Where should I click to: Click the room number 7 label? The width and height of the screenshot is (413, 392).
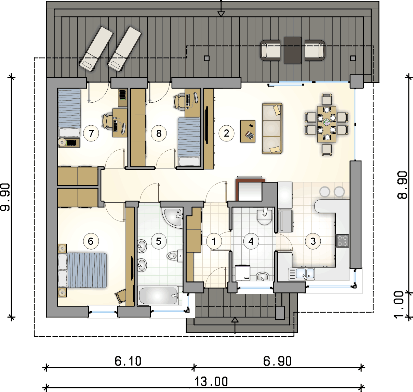tap(91, 133)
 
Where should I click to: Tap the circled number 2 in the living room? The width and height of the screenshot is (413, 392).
tap(226, 133)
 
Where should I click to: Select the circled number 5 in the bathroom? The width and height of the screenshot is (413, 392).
tap(159, 241)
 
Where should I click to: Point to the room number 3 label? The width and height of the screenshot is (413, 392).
tap(313, 241)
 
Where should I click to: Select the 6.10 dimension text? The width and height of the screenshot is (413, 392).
tap(128, 361)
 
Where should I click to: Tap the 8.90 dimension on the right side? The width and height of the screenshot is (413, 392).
tap(402, 185)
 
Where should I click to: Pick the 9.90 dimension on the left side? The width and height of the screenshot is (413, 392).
tap(5, 197)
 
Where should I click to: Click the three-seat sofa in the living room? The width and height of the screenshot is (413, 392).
tap(272, 128)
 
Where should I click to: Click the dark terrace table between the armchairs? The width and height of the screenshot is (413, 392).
tap(292, 50)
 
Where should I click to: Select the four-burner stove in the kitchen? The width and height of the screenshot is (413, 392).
tap(343, 240)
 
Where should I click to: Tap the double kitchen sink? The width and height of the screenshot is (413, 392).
tap(301, 274)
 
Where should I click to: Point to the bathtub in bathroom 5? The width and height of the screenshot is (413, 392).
tap(158, 296)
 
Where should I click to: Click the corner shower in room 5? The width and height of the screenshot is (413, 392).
tap(172, 218)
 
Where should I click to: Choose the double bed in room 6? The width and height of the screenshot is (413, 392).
tap(82, 270)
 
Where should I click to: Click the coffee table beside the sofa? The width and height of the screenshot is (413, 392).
tap(248, 131)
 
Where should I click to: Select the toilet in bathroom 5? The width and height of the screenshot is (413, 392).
tap(175, 256)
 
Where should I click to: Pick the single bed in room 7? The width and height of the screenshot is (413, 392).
tap(69, 113)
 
